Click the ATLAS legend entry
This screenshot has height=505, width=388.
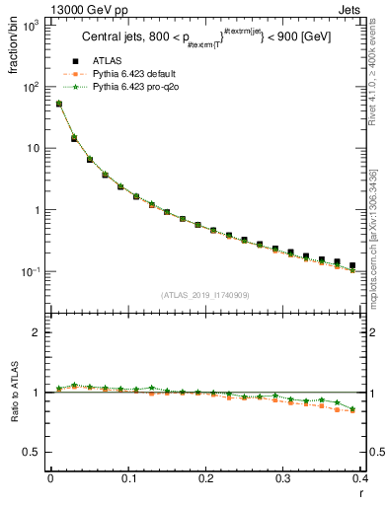click(x=107, y=62)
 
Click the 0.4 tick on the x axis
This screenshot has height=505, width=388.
click(x=360, y=478)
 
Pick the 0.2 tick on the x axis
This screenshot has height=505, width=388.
click(x=205, y=478)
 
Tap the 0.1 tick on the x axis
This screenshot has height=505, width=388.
click(x=127, y=478)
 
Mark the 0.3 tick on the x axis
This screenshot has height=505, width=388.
click(x=283, y=478)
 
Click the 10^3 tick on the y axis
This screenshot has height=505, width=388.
click(x=35, y=25)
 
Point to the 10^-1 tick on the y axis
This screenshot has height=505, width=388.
click(x=35, y=271)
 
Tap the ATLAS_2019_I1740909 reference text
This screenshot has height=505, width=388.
click(x=205, y=295)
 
